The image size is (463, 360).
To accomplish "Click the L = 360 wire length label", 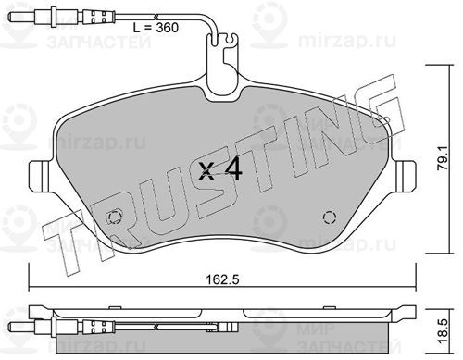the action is (156, 28).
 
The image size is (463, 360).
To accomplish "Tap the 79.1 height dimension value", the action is (444, 160).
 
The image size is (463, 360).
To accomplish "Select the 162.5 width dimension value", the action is (223, 279).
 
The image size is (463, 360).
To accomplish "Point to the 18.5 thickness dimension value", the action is (443, 331).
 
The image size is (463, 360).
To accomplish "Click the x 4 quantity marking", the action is (220, 171).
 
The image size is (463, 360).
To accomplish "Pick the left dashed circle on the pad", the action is (114, 217).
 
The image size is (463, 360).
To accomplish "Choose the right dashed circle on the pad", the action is (330, 217).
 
